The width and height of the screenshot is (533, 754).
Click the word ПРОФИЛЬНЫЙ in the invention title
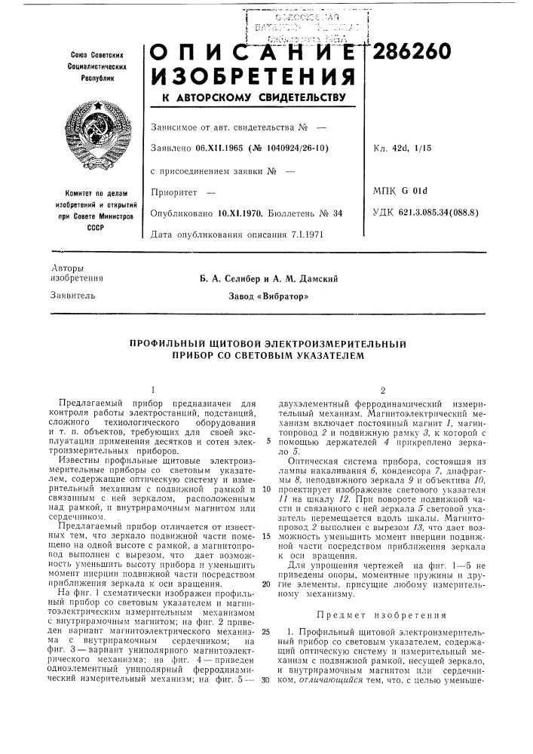pos(166,344)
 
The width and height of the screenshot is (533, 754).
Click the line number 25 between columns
pos(266,630)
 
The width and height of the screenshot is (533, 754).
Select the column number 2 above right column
pos(382,390)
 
